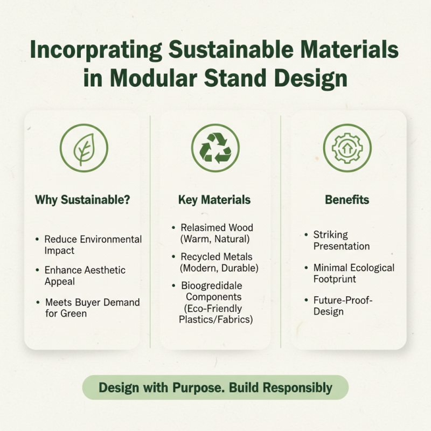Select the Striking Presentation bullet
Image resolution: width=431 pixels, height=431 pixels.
point(341,240)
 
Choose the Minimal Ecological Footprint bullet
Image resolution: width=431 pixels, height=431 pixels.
point(353,273)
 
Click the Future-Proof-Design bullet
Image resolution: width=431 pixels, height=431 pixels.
point(343,305)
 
